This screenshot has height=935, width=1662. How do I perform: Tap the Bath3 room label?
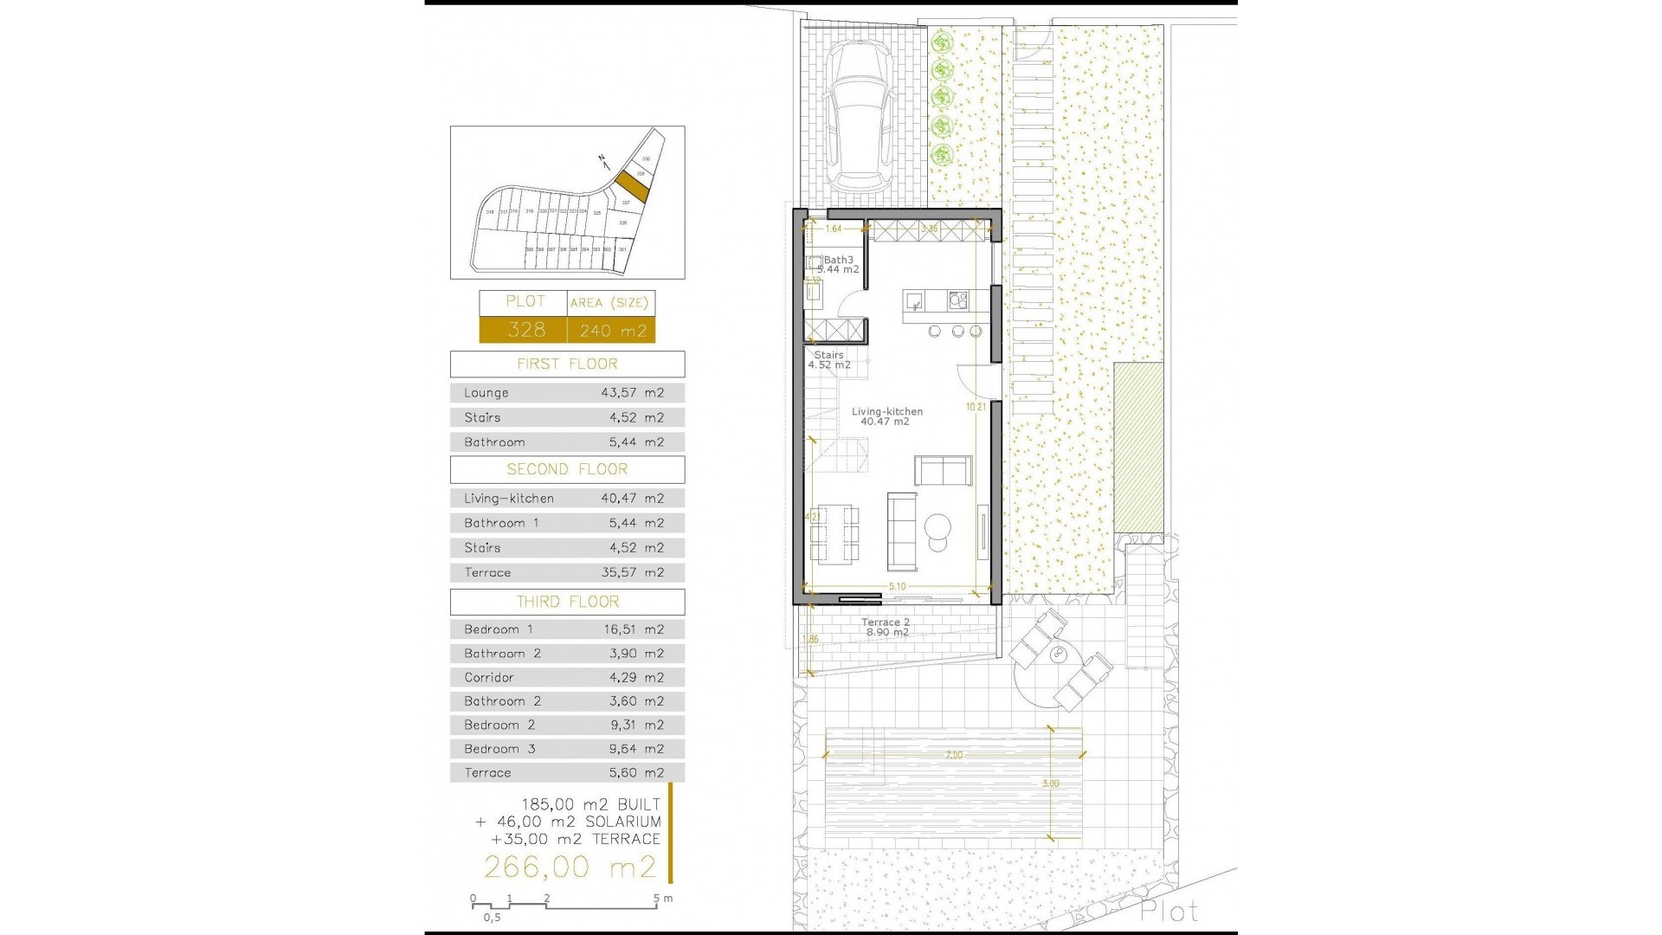[838, 260]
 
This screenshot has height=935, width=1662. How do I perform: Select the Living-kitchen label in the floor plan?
[887, 412]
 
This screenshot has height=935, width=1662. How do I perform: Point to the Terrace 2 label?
[886, 622]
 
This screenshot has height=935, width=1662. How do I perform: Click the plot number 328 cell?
[525, 330]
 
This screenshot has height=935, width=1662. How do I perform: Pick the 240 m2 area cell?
[613, 331]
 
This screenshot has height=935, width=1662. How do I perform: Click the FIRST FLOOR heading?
[567, 364]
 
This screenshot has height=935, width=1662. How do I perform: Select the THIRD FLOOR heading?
[567, 602]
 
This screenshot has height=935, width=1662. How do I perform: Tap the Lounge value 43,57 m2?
[633, 393]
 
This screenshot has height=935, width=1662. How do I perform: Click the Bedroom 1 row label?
[499, 629]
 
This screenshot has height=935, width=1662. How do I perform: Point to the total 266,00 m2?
[570, 867]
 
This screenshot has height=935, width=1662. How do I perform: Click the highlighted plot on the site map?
[633, 185]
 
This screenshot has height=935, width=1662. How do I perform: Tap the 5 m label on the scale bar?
[663, 899]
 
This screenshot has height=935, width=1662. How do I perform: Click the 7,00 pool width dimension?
[953, 756]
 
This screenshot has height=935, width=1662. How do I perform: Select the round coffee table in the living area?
[937, 526]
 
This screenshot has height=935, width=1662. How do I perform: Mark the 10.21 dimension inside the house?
[976, 407]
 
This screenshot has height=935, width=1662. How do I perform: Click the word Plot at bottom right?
[1169, 912]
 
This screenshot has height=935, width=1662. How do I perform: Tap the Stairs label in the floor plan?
[828, 355]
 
